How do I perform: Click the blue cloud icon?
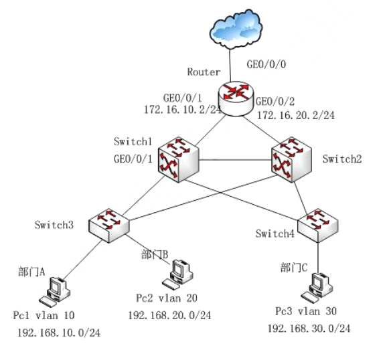click(236, 29)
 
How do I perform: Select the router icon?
click(236, 98)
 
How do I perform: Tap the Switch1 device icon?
click(178, 159)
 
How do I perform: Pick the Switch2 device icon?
click(292, 159)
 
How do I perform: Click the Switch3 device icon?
click(108, 226)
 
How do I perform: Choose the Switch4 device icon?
click(318, 226)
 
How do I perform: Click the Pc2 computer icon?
click(178, 275)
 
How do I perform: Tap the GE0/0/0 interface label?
click(266, 64)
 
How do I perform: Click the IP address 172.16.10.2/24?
click(183, 110)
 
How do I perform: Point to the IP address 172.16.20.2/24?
click(296, 115)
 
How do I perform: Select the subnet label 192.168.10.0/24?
click(59, 333)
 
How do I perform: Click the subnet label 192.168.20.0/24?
click(169, 315)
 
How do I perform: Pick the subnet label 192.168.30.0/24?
click(309, 329)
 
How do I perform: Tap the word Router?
click(204, 72)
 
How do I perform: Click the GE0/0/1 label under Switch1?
click(133, 159)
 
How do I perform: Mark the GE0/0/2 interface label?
click(275, 102)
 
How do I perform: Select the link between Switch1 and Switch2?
click(235, 160)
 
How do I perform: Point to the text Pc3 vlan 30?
click(306, 311)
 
